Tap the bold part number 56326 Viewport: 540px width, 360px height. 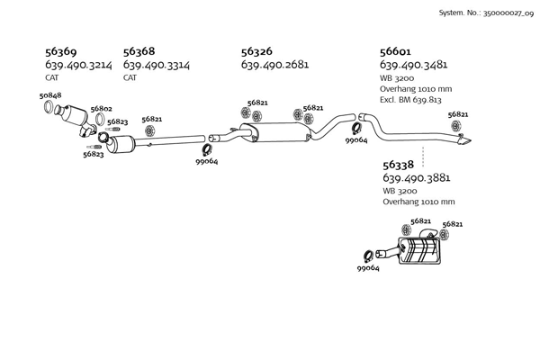[x=259, y=52]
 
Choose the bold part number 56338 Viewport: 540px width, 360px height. [x=399, y=165]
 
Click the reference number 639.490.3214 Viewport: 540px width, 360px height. [x=79, y=66]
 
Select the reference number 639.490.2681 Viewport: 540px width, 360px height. [x=274, y=66]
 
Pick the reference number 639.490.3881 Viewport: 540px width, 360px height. [x=417, y=178]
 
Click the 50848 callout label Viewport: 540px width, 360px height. [x=50, y=95]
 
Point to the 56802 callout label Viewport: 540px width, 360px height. [x=101, y=109]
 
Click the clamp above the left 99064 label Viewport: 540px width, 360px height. [x=206, y=149]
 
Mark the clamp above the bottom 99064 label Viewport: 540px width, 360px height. [x=368, y=256]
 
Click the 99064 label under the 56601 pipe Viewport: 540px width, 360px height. [x=356, y=140]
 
